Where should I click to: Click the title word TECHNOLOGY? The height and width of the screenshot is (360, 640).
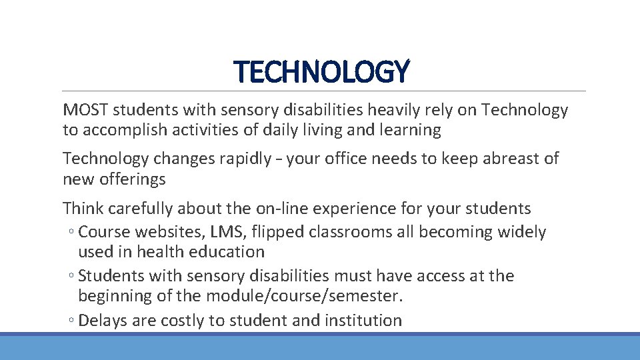322,72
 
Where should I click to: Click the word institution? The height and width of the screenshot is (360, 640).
363,321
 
